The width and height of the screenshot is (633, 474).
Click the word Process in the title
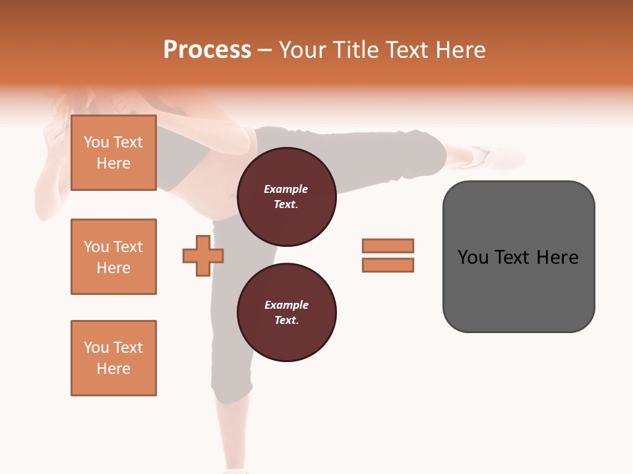tap(207, 50)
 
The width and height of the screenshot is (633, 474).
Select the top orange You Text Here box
tap(113, 153)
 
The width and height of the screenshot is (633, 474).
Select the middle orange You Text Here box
tap(113, 257)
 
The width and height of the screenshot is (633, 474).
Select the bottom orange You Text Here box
tap(113, 357)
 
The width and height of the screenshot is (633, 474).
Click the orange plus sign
tap(203, 255)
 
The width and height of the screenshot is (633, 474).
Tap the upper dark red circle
tap(286, 197)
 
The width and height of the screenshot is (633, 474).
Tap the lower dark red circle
tap(286, 313)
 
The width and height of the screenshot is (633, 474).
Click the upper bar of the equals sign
tap(388, 246)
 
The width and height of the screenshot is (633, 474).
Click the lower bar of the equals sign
tap(388, 265)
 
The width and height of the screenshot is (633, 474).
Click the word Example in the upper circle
tap(286, 189)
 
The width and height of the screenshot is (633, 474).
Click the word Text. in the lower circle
tap(286, 321)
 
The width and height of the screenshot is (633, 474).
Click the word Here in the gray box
tap(557, 257)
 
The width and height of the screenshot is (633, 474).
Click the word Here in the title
tap(462, 50)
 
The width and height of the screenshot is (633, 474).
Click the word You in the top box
tap(96, 142)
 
